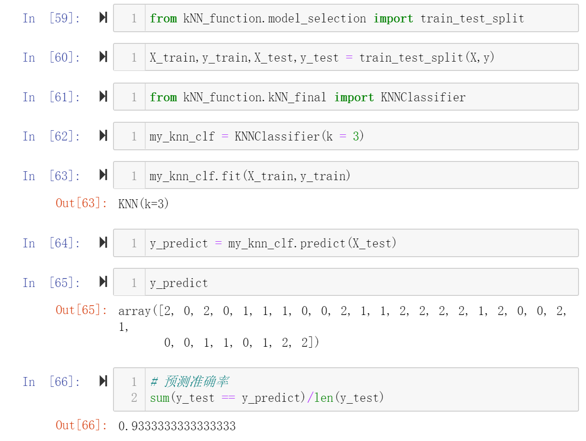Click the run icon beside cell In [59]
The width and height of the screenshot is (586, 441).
[103, 18]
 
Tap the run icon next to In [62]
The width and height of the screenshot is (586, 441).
[103, 135]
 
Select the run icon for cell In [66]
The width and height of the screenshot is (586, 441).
[103, 381]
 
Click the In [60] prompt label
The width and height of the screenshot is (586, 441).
[51, 57]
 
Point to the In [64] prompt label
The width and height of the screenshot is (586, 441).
[51, 243]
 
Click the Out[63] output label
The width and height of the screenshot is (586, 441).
[81, 203]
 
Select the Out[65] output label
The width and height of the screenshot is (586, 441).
[81, 310]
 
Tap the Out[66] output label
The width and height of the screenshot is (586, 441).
[81, 425]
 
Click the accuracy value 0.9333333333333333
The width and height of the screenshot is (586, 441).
[177, 426]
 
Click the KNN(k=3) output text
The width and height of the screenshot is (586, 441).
[143, 204]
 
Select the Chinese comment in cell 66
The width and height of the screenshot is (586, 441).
[190, 381]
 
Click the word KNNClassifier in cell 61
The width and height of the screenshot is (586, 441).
[423, 97]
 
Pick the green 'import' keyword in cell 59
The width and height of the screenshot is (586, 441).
[393, 19]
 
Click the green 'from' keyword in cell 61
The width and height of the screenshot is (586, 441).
[163, 97]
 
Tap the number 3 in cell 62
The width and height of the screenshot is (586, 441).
[356, 136]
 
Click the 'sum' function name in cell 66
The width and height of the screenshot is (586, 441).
[160, 398]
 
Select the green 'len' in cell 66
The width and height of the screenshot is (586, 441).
[324, 398]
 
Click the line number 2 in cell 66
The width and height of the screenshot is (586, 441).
[134, 398]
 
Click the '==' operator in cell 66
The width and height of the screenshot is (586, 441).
[228, 398]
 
